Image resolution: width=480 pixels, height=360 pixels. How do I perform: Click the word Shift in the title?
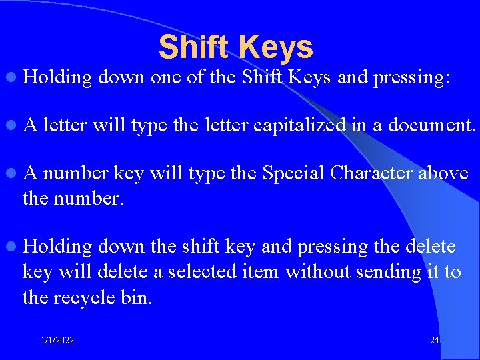click(x=194, y=47)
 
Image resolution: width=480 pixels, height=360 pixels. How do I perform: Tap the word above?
click(x=444, y=173)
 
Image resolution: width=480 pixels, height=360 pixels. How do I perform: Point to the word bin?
click(x=139, y=297)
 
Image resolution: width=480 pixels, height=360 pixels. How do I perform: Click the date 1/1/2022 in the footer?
click(x=57, y=341)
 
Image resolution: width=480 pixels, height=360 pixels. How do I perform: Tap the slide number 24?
click(x=435, y=341)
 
